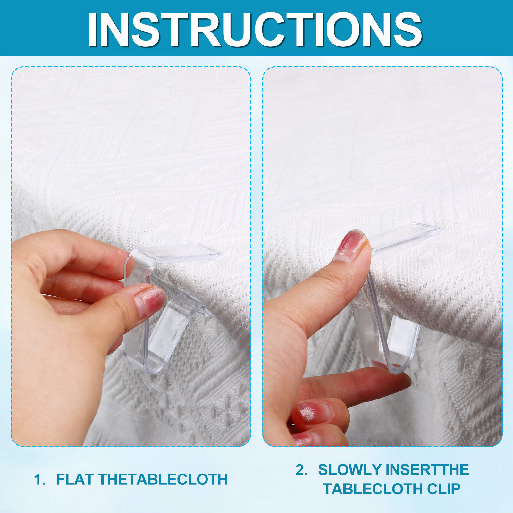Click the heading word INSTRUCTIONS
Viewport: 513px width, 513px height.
pyautogui.click(x=255, y=29)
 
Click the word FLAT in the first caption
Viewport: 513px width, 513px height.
pyautogui.click(x=75, y=480)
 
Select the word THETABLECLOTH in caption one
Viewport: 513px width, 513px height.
pyautogui.click(x=163, y=480)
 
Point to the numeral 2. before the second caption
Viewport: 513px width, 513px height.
pyautogui.click(x=301, y=470)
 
